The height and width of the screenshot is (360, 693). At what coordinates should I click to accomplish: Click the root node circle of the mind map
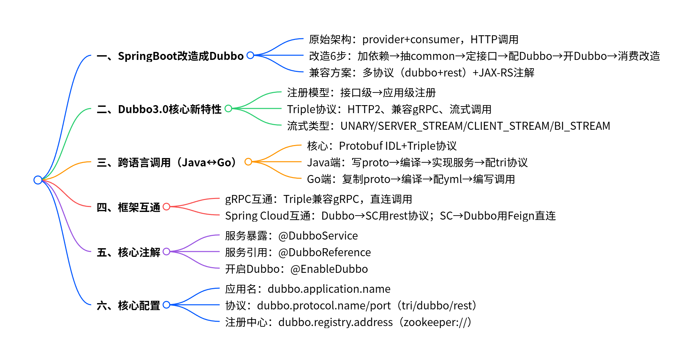click(38, 180)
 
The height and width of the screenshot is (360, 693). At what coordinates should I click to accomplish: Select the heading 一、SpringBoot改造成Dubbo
click(170, 56)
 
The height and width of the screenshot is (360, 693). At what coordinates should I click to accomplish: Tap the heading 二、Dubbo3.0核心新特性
click(159, 109)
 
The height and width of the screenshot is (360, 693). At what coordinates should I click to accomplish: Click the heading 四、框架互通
click(128, 207)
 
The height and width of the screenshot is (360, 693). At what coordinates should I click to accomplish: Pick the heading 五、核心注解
click(128, 252)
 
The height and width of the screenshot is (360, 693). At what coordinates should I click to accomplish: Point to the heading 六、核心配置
click(128, 305)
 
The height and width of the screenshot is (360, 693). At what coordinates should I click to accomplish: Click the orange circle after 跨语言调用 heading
click(248, 162)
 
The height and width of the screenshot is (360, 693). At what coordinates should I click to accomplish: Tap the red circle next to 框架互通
click(166, 207)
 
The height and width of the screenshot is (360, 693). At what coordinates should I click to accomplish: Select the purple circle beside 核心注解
click(166, 252)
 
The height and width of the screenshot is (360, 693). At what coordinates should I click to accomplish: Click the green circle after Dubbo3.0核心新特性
click(228, 108)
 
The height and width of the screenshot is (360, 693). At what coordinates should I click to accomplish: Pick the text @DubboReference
click(324, 252)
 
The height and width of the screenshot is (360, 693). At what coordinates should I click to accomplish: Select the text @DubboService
click(318, 236)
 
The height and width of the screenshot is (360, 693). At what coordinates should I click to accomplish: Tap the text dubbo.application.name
click(329, 289)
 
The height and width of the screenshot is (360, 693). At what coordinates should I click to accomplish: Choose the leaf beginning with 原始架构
click(413, 39)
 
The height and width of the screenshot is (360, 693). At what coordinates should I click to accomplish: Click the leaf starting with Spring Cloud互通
click(390, 216)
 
